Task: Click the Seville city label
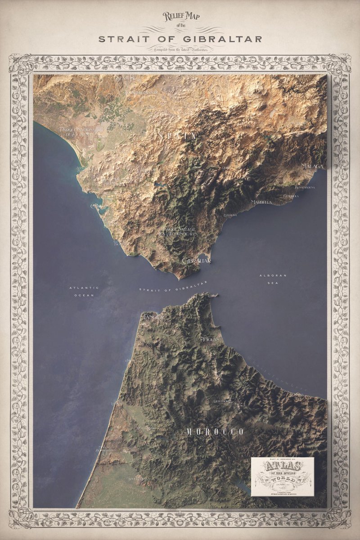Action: click(125, 78)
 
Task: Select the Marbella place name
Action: click(261, 202)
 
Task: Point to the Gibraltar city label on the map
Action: click(197, 261)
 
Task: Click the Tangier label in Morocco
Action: click(153, 317)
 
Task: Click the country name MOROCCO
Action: click(215, 432)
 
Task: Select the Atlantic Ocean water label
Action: click(84, 291)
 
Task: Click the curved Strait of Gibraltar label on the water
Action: click(173, 287)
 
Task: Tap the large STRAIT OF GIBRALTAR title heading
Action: click(180, 39)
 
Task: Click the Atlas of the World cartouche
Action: click(282, 477)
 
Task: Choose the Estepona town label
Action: click(230, 215)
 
